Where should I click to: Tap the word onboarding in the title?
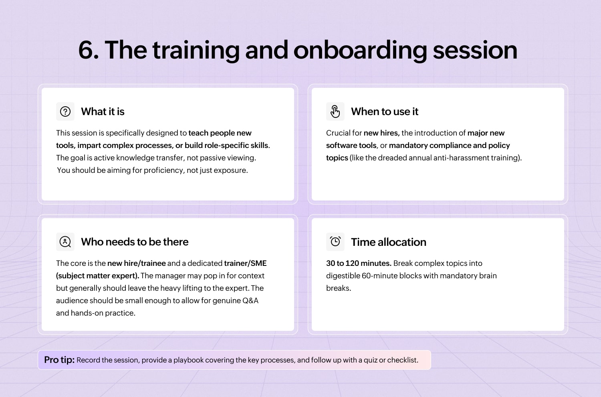coord(360,50)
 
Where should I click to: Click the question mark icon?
coord(65,111)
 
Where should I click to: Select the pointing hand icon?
coord(335,111)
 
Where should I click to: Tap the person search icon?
coord(65,242)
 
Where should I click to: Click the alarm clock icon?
coord(335,242)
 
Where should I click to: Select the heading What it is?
coord(103,111)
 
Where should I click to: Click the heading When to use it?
coord(385,111)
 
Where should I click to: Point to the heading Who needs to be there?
coord(135,242)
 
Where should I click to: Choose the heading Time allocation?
coord(389,242)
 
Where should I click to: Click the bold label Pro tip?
coord(59,360)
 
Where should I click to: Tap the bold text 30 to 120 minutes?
coord(359,263)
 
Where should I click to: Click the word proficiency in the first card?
coord(163,170)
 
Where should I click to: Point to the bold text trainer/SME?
coord(245,263)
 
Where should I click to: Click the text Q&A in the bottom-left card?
coord(250,301)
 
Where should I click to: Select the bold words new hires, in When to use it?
coord(381,133)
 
